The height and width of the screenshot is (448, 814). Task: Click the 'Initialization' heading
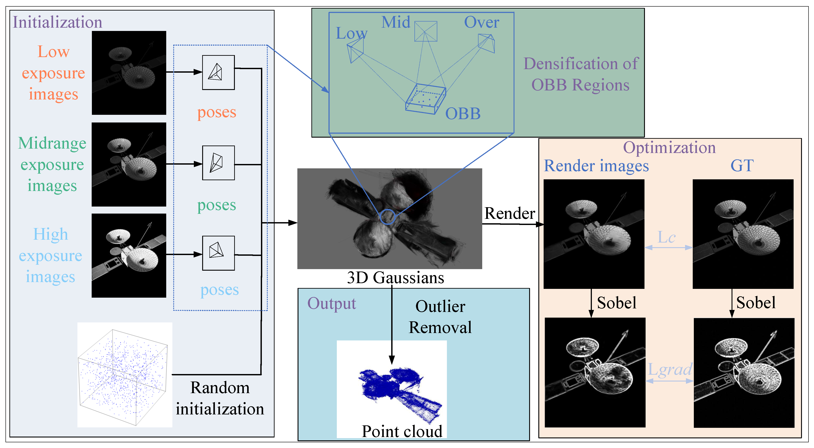(57, 22)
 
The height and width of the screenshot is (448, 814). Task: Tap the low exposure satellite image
(129, 73)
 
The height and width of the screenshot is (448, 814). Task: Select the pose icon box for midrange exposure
(218, 163)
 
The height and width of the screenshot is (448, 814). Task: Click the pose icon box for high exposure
(218, 253)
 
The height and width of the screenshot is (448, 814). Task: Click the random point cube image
(125, 375)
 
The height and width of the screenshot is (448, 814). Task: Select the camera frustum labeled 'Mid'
(426, 31)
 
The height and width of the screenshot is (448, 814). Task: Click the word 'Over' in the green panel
(481, 22)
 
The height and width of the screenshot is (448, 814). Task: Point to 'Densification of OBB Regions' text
(581, 74)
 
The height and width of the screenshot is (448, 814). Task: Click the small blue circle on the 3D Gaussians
(387, 217)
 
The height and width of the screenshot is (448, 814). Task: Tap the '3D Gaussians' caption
(395, 278)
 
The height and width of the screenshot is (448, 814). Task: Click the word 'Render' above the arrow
(509, 213)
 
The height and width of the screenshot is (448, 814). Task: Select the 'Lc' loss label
(666, 237)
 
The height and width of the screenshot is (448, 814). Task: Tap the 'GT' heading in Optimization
(742, 166)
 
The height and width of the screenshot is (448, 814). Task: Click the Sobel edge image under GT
(744, 373)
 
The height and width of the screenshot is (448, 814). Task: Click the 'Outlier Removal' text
(440, 317)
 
